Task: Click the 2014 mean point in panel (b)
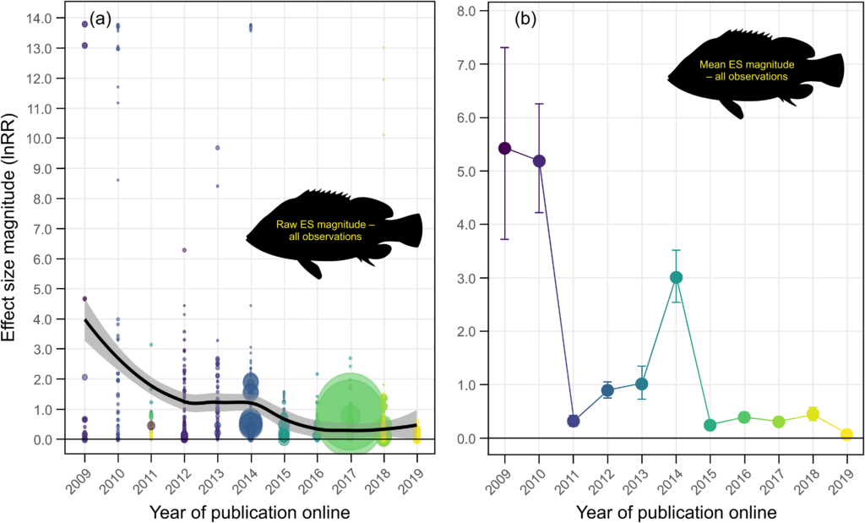tap(676, 277)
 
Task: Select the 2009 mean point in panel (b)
tap(504, 148)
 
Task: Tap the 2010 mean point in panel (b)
tap(539, 161)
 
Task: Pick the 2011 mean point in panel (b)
tap(573, 421)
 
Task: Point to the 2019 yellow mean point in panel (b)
tap(846, 434)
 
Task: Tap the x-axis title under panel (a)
tap(250, 511)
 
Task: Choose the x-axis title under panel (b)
tap(676, 511)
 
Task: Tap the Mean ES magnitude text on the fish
tap(743, 70)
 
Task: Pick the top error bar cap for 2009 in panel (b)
tap(504, 47)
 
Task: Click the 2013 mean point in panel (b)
tap(641, 384)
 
